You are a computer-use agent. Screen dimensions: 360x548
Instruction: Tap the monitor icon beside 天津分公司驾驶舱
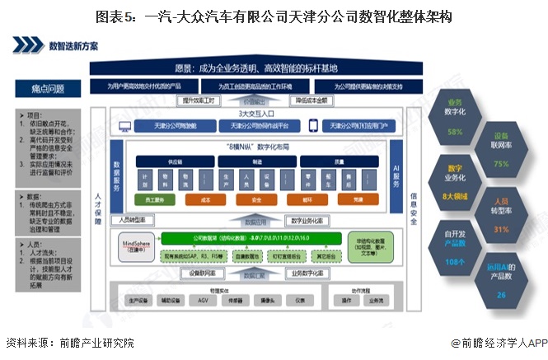[126, 126]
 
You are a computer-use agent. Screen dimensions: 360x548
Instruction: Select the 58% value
[455, 132]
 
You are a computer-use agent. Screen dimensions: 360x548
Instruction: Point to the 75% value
[500, 164]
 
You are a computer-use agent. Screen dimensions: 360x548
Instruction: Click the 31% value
[500, 229]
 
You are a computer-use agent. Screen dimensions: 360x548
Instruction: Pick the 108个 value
[455, 261]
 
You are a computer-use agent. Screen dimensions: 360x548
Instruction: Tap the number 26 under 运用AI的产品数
[500, 294]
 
